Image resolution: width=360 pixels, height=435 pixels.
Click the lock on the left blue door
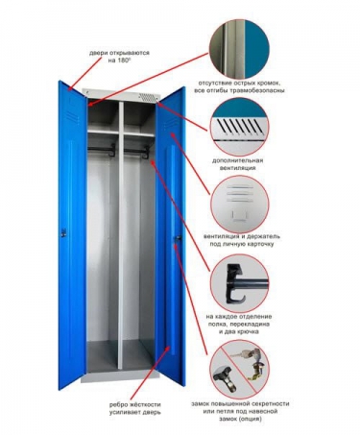point(63,232)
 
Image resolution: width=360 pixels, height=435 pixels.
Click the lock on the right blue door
point(178,238)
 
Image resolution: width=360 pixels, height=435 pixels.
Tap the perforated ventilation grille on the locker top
point(149,97)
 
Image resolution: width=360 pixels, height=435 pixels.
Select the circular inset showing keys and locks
point(239,369)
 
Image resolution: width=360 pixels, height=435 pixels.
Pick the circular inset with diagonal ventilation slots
point(239,127)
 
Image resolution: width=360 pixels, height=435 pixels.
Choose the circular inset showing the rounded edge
point(239,49)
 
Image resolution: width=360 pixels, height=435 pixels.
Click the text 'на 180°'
point(119,60)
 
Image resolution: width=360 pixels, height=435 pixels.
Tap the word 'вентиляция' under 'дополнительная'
point(238,168)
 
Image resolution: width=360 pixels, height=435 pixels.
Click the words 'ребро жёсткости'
point(134,405)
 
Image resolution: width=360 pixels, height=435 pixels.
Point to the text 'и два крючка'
point(239,332)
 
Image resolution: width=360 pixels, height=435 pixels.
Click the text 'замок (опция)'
point(240,419)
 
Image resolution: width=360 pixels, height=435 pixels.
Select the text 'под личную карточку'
point(242,244)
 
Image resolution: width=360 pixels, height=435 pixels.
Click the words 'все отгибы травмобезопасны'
point(239,90)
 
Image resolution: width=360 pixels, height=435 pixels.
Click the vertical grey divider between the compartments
point(121,235)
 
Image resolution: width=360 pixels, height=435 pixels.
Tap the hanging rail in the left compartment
point(101,149)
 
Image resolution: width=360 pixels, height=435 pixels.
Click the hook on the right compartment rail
point(146,153)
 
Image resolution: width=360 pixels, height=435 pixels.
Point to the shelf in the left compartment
point(103,132)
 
